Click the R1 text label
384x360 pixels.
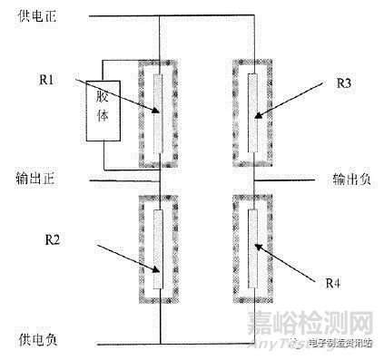(x=49, y=80)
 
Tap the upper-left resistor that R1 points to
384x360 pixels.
(x=159, y=113)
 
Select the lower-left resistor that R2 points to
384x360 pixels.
(x=159, y=250)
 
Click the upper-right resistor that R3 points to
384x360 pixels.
(x=252, y=113)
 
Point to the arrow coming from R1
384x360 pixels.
(x=118, y=99)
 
